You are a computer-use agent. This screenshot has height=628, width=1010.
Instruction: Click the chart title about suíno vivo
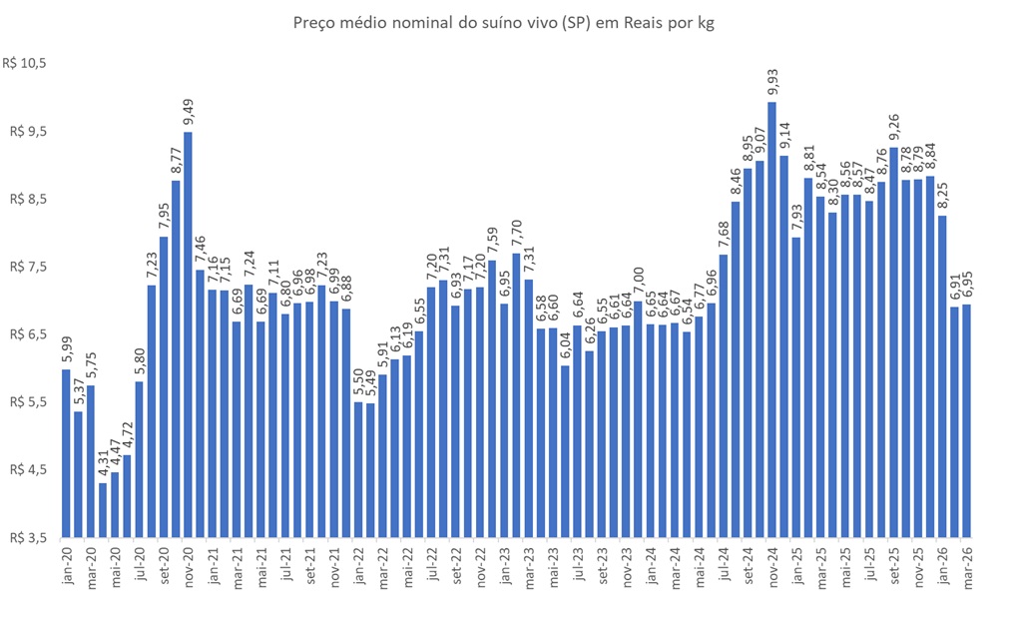pyautogui.click(x=504, y=22)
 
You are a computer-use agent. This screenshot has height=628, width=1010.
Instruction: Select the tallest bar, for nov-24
pyautogui.click(x=771, y=319)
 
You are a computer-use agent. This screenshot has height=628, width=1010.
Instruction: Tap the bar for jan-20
pyautogui.click(x=66, y=453)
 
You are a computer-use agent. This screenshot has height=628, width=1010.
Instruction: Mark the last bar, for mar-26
pyautogui.click(x=966, y=420)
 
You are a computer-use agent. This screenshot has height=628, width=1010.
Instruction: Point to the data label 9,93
pyautogui.click(x=771, y=80)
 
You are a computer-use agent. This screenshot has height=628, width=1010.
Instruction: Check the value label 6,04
pyautogui.click(x=565, y=344)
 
